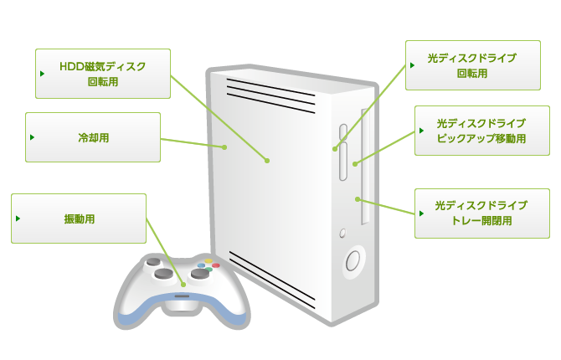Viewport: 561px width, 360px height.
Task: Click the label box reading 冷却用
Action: (93, 137)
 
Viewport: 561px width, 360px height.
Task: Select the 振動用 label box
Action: (79, 219)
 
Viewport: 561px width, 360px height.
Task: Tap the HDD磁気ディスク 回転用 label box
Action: (103, 74)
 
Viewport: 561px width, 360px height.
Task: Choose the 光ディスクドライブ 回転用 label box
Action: (472, 65)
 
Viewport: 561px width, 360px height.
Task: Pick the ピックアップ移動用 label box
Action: (482, 131)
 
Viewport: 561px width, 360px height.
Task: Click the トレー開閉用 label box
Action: (482, 213)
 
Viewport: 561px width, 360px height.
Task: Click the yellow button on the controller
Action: (208, 261)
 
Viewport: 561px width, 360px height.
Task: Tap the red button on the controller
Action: (216, 265)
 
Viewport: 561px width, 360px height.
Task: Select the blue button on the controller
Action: (202, 265)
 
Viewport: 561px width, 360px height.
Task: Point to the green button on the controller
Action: (208, 269)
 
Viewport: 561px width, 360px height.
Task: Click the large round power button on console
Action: (353, 261)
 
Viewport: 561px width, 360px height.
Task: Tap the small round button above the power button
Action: (342, 234)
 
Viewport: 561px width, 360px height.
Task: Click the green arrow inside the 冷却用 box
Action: (32, 137)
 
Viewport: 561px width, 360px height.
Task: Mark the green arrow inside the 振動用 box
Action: (18, 219)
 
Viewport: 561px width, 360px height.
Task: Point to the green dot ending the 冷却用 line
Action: (224, 147)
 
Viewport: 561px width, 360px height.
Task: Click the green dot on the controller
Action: (183, 285)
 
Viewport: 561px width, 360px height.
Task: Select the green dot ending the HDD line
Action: (267, 161)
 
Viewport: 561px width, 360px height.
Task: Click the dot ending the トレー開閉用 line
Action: (358, 199)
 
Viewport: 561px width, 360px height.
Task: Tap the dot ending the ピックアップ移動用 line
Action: (355, 164)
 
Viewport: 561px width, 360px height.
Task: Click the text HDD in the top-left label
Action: (71, 67)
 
